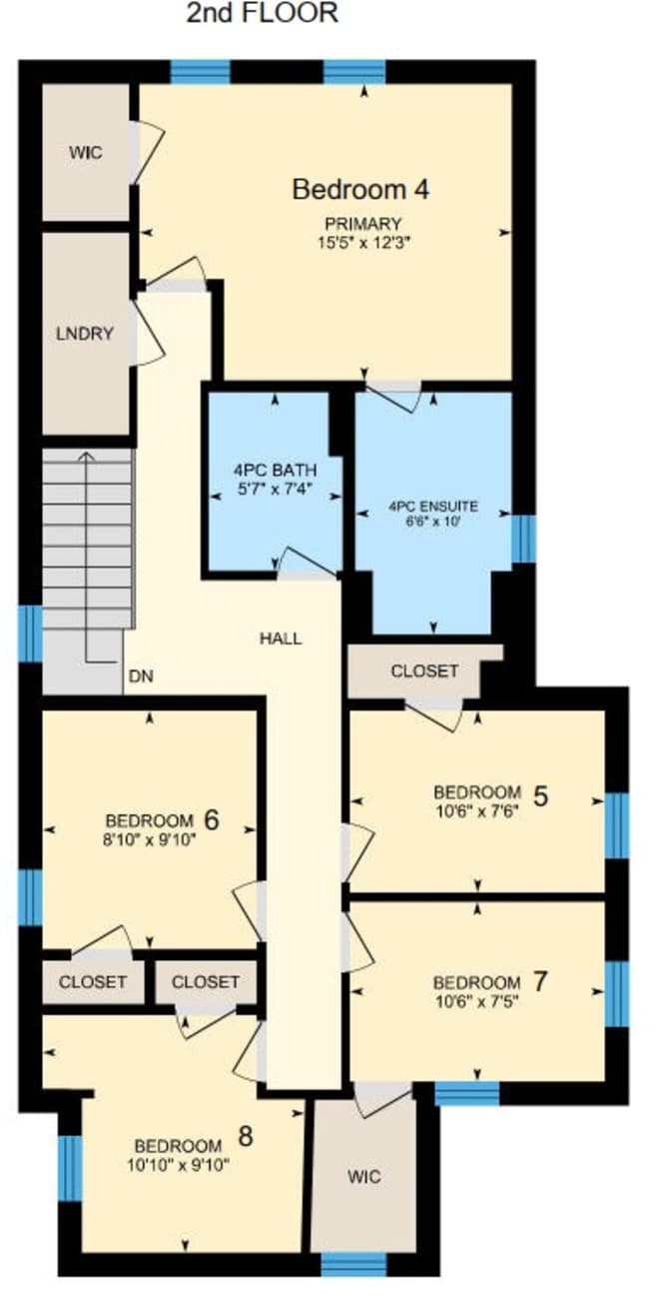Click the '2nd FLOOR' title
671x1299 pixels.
(x=262, y=13)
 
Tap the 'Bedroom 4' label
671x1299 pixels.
(x=360, y=190)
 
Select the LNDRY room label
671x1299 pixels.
(x=85, y=334)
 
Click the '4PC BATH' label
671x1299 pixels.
(x=276, y=470)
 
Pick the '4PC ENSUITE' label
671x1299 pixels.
(x=433, y=507)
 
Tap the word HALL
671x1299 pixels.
(x=281, y=639)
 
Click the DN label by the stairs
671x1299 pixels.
(x=141, y=675)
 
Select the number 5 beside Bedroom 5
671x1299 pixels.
(x=540, y=796)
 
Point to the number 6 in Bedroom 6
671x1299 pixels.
(x=212, y=820)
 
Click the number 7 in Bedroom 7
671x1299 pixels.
(x=539, y=982)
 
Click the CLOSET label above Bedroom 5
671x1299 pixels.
(x=424, y=670)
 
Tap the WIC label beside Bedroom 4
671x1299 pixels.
(x=86, y=153)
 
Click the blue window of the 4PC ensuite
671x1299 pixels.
(x=524, y=539)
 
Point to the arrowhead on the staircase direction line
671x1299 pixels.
(x=86, y=457)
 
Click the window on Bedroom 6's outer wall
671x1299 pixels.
(x=30, y=896)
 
